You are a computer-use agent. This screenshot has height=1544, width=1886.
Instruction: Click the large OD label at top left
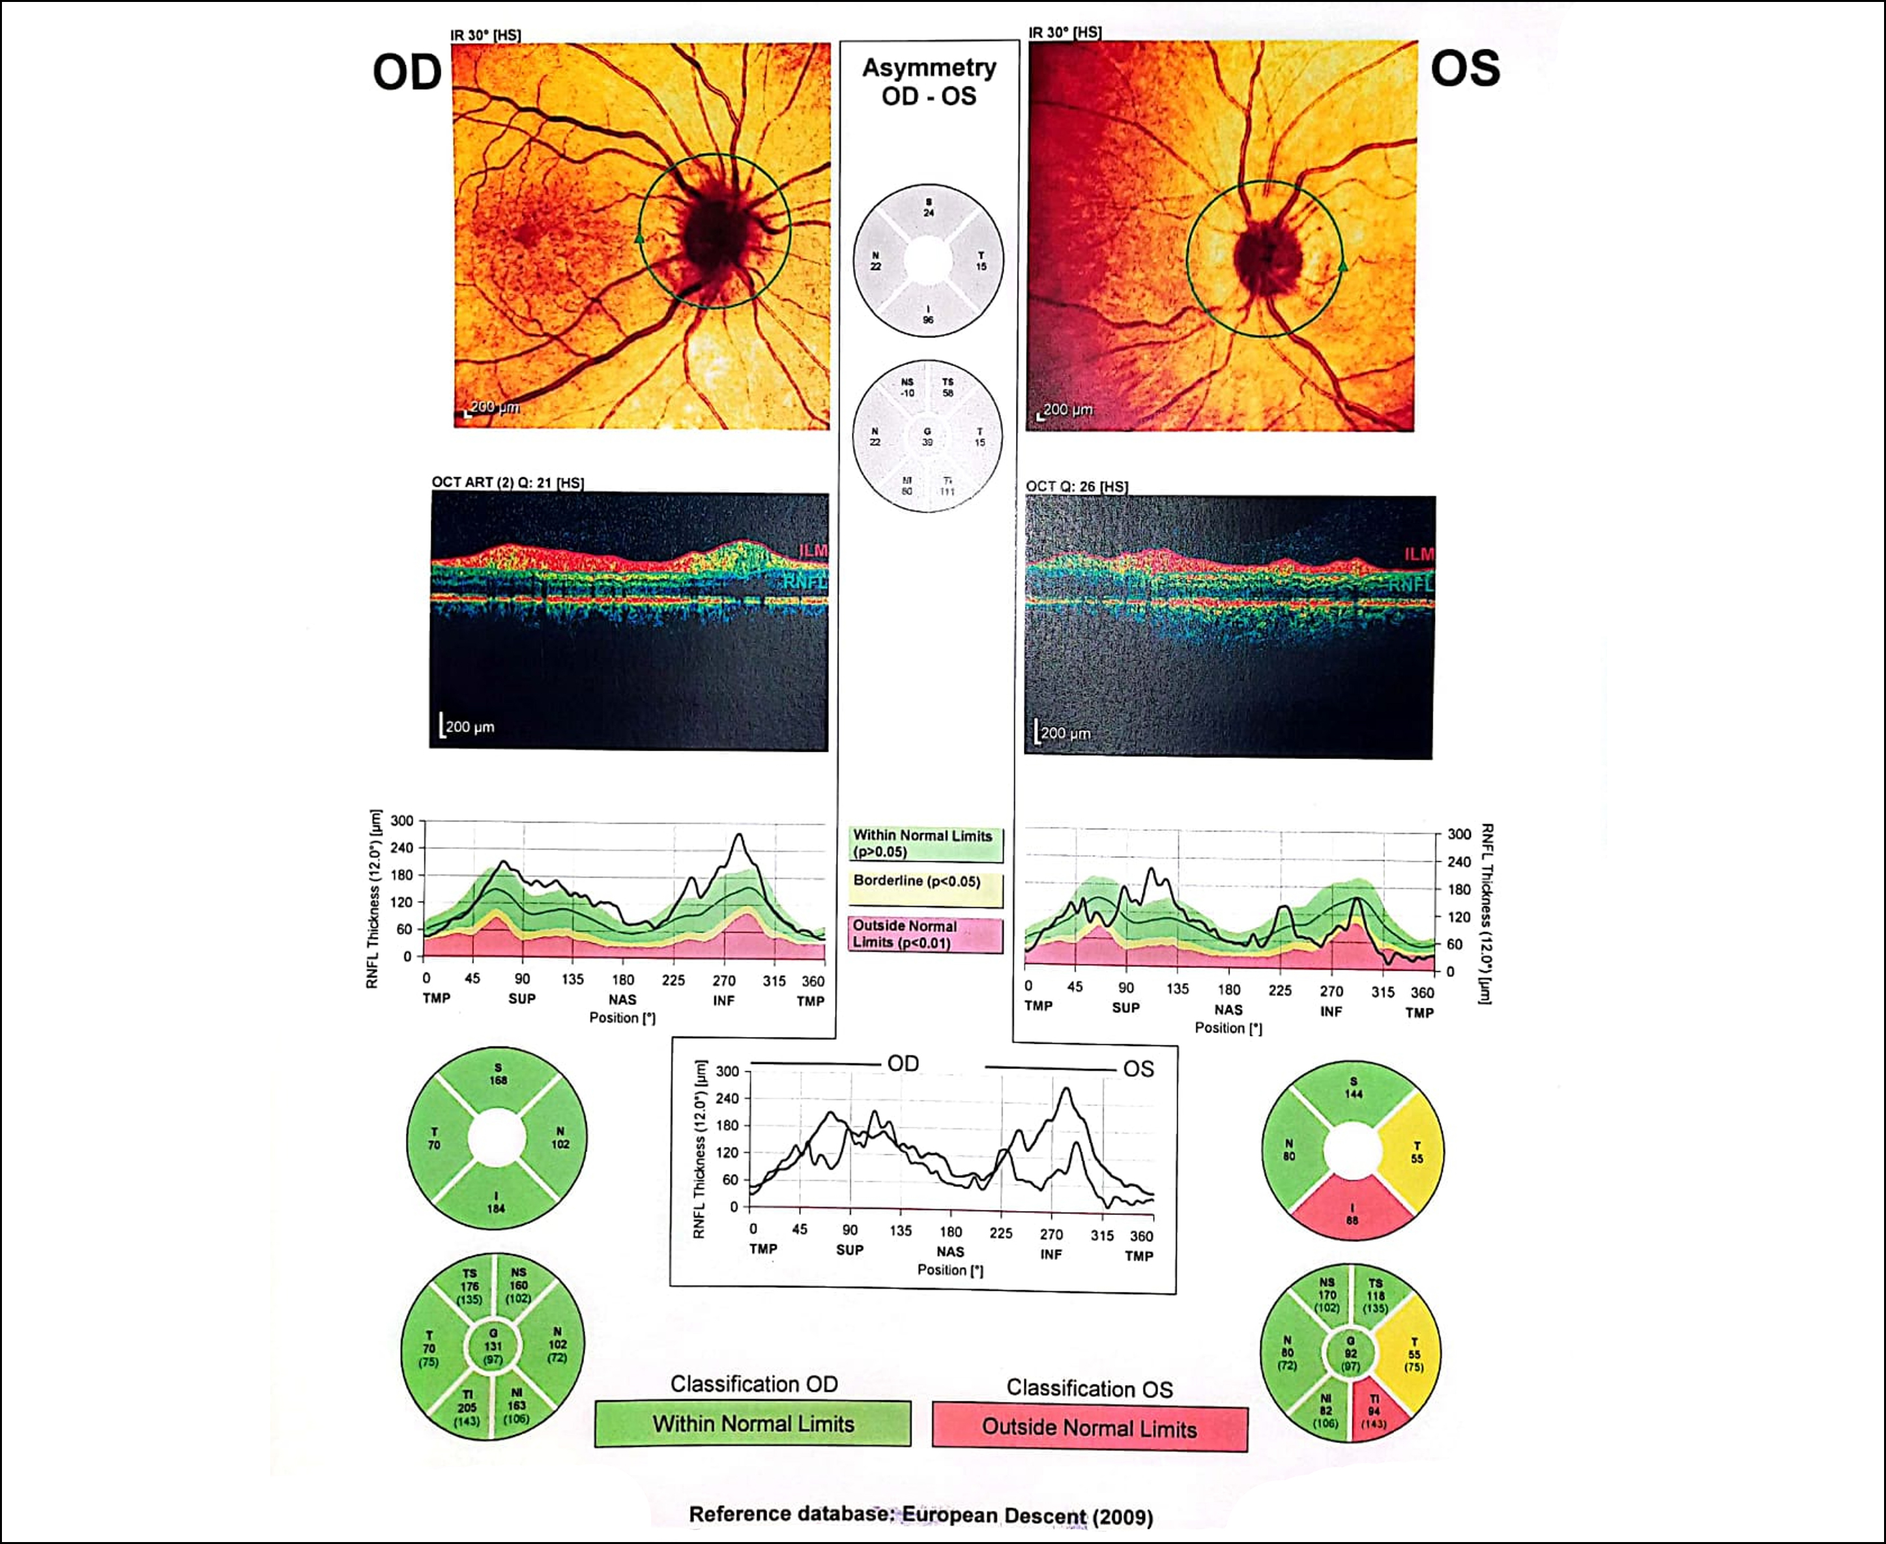[407, 73]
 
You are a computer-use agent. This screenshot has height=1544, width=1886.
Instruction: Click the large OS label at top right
[1464, 69]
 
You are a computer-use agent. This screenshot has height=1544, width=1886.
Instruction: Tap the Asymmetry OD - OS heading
[929, 82]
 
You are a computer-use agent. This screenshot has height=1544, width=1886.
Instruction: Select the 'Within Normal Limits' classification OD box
[753, 1424]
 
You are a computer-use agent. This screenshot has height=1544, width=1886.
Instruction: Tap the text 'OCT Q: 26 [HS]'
[1077, 487]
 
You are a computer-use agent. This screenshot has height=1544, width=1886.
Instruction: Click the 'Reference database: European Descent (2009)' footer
[921, 1515]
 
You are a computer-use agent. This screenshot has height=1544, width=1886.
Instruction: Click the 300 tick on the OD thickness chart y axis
[402, 821]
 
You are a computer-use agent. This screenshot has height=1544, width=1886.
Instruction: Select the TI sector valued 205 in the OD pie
[467, 1408]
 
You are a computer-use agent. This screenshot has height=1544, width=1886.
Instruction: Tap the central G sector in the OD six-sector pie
[493, 1347]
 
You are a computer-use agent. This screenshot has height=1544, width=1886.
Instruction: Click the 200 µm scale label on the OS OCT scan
[1065, 733]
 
